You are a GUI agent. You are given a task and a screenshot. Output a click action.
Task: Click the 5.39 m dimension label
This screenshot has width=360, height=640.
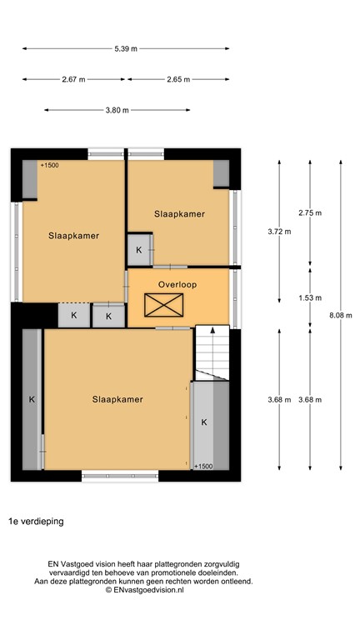tap(127, 49)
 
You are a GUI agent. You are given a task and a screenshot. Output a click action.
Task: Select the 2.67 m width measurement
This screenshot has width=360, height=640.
tap(73, 80)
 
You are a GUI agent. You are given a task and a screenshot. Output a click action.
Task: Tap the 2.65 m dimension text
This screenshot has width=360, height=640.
tap(178, 80)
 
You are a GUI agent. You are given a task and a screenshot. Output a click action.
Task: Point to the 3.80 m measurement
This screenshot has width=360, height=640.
tap(117, 110)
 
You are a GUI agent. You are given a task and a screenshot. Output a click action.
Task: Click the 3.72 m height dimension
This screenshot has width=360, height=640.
tap(279, 231)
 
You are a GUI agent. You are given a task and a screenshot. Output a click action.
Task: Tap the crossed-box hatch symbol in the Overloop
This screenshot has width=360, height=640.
tap(157, 307)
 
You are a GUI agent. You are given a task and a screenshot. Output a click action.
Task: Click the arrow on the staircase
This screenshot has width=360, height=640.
tap(212, 331)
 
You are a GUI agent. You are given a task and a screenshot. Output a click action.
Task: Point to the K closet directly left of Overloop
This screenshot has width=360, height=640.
tap(108, 316)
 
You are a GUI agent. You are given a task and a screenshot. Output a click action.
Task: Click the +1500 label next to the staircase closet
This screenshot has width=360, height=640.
tap(202, 467)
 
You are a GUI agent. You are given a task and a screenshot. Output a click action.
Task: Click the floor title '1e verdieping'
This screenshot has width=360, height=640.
tap(36, 521)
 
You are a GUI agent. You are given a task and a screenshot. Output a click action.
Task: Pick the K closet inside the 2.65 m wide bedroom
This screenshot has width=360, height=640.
tap(139, 250)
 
